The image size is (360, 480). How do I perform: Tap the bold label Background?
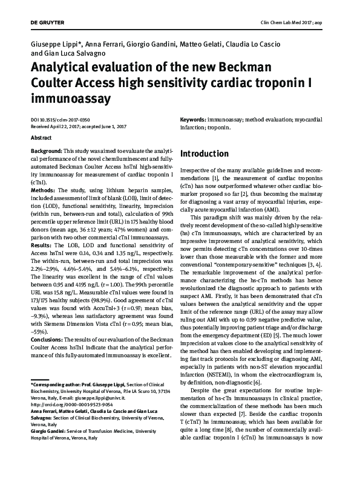coord(47,150)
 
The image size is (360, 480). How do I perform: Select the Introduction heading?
coord(205,153)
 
